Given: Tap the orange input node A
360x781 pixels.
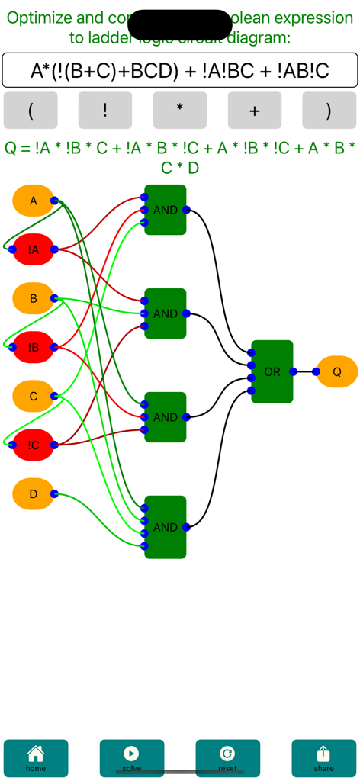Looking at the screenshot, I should [33, 201].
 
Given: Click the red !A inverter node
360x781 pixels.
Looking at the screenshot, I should [33, 249].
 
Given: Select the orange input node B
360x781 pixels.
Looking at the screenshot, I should [33, 298].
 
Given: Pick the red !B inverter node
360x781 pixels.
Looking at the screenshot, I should [33, 347].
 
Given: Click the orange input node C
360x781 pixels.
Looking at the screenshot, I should [33, 396].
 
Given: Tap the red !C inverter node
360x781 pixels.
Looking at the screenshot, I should [33, 445].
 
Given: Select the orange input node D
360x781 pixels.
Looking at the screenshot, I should [33, 493].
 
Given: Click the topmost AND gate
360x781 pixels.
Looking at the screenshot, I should [166, 210].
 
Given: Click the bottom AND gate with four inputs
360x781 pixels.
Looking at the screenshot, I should [166, 527].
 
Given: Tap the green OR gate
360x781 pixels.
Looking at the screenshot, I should [272, 371].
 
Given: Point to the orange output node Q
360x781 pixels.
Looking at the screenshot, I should [337, 371].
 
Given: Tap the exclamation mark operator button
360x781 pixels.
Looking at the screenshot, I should [105, 110].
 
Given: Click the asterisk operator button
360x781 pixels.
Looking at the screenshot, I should [180, 110].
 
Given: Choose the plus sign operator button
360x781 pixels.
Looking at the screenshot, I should [255, 110].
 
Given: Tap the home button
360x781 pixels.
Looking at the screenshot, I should [36, 758].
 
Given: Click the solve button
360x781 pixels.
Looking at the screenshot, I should [132, 758].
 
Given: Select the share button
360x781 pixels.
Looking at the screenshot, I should [323, 758].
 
